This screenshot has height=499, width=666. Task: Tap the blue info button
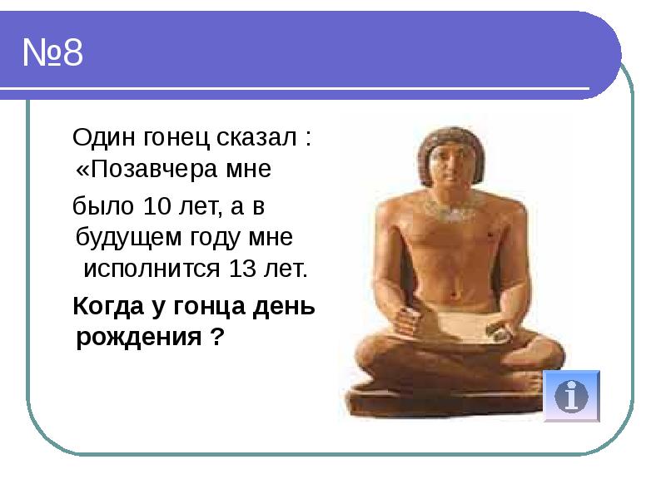[571, 395]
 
